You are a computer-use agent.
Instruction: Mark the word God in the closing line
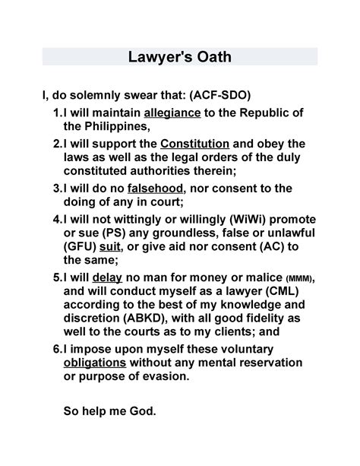pos(138,413)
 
